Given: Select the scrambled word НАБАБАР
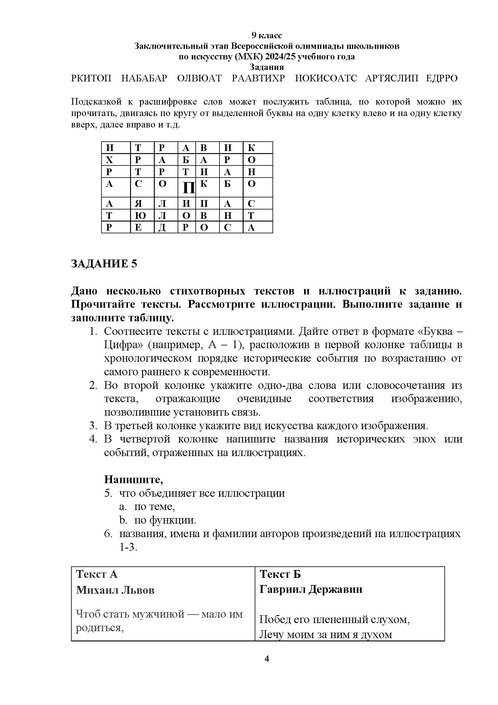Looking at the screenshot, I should (x=144, y=78).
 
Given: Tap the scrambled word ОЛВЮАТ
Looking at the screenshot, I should (x=199, y=78).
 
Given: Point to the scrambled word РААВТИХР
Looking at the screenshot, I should (x=258, y=78).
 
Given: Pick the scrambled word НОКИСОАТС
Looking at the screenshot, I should (x=326, y=78).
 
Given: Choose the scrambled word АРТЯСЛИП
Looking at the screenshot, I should (x=391, y=78).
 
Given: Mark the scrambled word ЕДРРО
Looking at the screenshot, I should (x=442, y=78).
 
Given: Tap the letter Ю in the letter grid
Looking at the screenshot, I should (x=138, y=216).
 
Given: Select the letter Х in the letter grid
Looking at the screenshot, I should (x=110, y=160).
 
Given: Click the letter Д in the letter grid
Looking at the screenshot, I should (x=162, y=228).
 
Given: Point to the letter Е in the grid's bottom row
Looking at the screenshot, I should (x=138, y=228).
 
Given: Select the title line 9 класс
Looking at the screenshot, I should (x=266, y=36).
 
